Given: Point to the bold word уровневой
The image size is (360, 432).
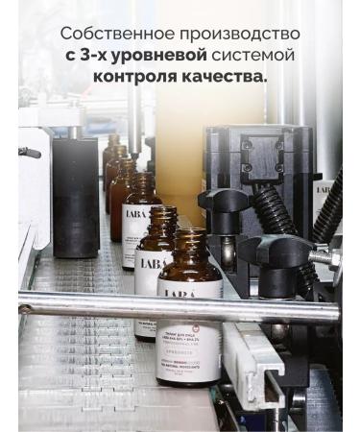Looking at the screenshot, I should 162,56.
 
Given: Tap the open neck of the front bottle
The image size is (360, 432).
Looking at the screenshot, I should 188,234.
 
